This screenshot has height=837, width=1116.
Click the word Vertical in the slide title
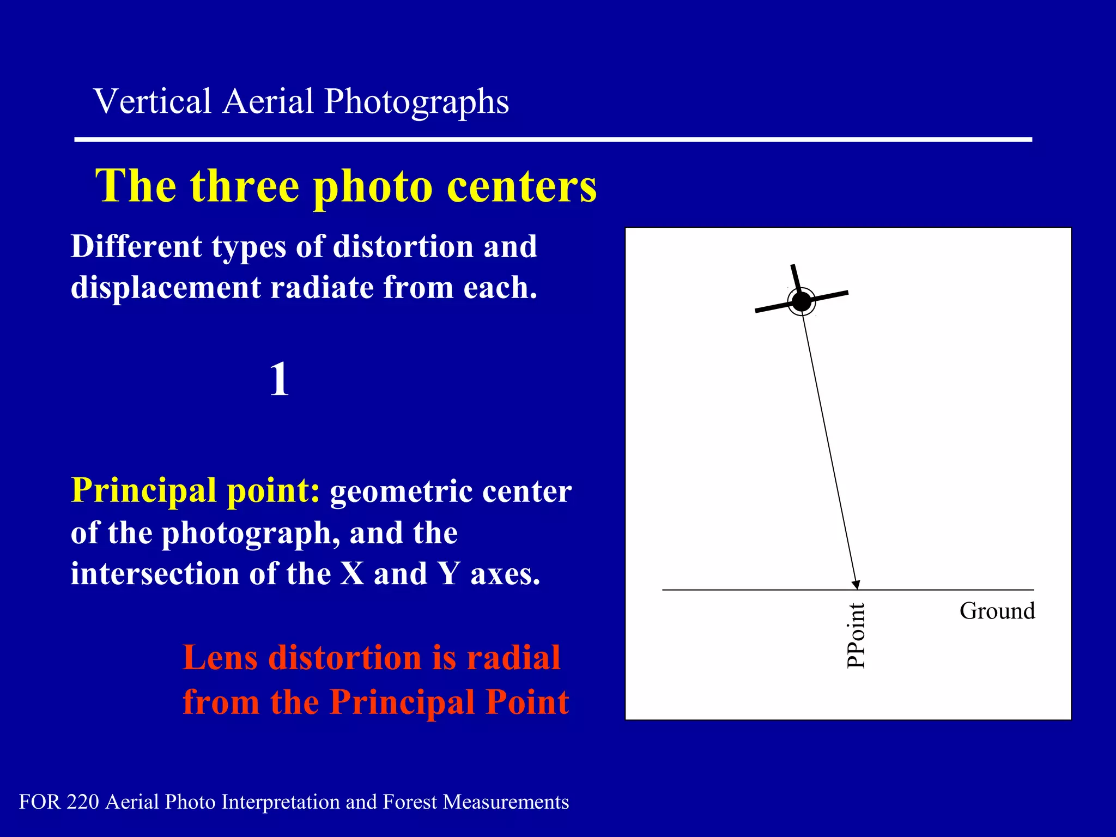pos(153,102)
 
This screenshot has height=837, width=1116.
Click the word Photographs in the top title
pos(416,102)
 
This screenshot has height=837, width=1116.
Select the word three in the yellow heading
pos(245,186)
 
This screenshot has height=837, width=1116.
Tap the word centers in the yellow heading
pos(521,186)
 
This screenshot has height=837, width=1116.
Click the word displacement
pos(166,288)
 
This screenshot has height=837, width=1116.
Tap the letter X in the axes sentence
pos(353,574)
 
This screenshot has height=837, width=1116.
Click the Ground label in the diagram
pos(997,611)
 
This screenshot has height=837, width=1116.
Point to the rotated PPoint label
pos(856,635)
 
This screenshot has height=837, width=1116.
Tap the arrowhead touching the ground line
pos(856,585)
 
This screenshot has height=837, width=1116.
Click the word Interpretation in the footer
pos(281,802)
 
